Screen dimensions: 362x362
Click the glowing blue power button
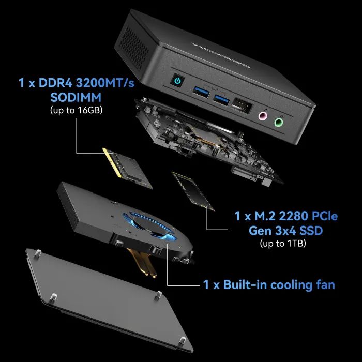177,81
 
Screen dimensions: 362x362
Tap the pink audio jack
263,115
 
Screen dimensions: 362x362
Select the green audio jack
279,122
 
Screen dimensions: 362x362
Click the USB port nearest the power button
201,92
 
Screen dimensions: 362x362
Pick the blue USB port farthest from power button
221,100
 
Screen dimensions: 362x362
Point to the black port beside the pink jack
242,106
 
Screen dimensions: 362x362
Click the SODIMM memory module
128,168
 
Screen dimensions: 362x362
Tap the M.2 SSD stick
193,191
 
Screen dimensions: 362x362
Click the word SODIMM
76,97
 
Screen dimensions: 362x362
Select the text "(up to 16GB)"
76,110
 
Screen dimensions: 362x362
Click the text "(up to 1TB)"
283,243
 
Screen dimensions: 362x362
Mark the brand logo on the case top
221,55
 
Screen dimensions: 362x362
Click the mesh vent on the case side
134,48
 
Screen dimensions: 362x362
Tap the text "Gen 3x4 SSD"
285,231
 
